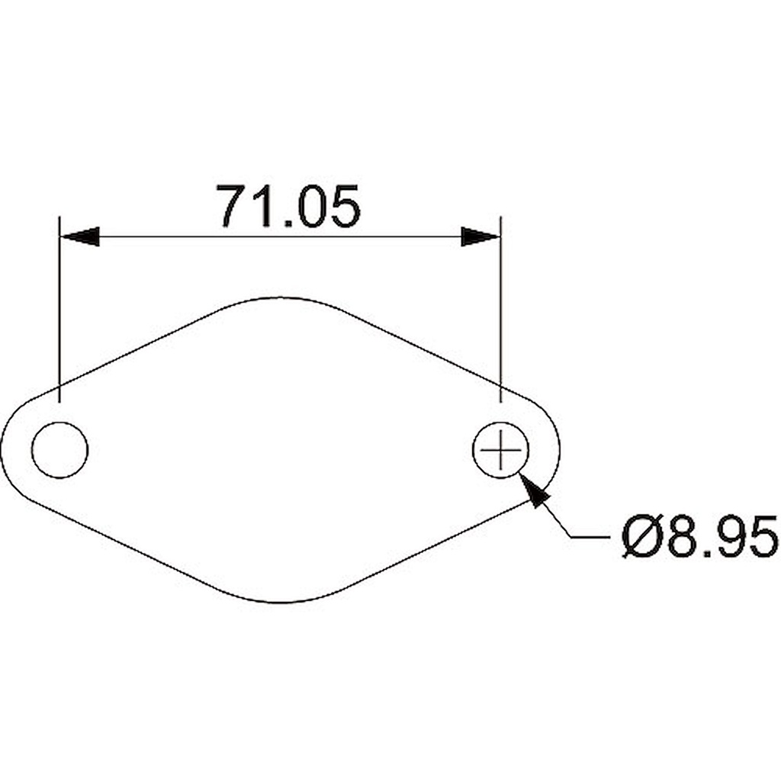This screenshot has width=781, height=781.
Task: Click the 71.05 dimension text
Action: click(x=288, y=207)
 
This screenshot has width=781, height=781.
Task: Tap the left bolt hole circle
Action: click(x=59, y=450)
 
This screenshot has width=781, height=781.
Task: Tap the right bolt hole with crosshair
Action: click(x=500, y=450)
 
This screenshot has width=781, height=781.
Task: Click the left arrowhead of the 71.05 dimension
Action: click(x=80, y=236)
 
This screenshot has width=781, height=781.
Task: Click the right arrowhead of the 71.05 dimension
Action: click(x=480, y=236)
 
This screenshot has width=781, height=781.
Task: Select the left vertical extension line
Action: click(x=59, y=305)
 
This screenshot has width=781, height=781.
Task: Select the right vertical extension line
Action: click(x=500, y=305)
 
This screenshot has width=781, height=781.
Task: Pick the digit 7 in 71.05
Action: click(x=233, y=207)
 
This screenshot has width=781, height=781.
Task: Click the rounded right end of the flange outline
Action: click(x=559, y=450)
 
